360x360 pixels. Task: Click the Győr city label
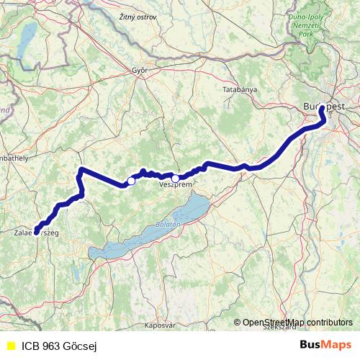[x=139, y=71]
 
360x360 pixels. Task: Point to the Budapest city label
[x=324, y=106]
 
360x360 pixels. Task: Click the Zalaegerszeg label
[x=36, y=233]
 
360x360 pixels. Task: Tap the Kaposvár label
[x=160, y=325]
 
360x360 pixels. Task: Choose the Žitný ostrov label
[x=137, y=17]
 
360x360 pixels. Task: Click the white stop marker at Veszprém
[x=175, y=178]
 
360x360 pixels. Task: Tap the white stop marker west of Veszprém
[x=131, y=181]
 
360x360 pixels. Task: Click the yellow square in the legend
[x=10, y=346]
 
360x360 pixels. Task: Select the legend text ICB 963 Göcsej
[x=59, y=346]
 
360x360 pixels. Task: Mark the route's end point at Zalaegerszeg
[x=35, y=232]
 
